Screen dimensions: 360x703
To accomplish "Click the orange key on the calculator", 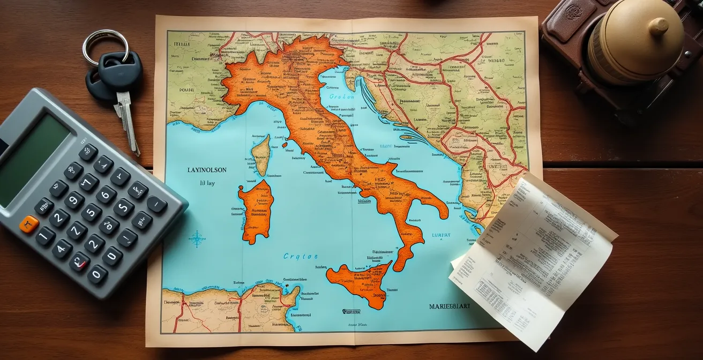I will point(29,224).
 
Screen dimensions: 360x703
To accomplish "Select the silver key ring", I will point(105,46).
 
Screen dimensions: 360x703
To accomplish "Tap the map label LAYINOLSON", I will point(207,170).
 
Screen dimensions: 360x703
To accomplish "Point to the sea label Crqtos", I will point(300,257).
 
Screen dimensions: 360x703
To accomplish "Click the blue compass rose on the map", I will point(197,238).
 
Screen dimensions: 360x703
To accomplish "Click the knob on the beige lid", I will point(658,26).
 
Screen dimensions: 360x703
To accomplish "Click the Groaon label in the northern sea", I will point(341,97).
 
